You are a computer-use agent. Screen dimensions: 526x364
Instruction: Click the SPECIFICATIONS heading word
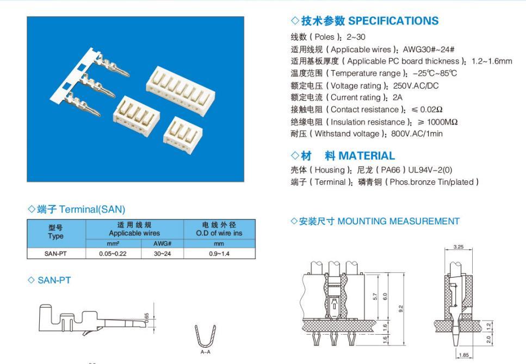point(393,21)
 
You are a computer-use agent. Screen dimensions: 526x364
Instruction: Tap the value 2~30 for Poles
point(356,37)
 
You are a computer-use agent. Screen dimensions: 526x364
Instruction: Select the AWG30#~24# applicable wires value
point(429,49)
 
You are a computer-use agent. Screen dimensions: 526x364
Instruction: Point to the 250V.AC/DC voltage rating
point(416,86)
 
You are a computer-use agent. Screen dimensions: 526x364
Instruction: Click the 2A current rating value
point(397,98)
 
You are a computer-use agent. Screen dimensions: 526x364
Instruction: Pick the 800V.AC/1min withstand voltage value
point(417,134)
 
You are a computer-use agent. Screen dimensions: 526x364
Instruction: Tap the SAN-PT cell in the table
point(55,254)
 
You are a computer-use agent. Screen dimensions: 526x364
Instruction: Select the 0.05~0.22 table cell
point(113,254)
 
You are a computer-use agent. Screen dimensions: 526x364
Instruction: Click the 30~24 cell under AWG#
point(162,254)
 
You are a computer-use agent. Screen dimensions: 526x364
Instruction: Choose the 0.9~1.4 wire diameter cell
point(219,254)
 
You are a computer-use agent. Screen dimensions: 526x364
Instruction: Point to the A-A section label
point(205,352)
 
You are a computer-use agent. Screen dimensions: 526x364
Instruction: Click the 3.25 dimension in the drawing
point(458,247)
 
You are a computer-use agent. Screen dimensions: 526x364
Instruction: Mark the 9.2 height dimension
point(400,309)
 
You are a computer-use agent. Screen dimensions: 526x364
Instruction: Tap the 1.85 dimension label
point(463,355)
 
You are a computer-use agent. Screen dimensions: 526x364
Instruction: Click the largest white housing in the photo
point(181,91)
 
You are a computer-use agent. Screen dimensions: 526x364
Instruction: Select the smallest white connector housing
point(182,135)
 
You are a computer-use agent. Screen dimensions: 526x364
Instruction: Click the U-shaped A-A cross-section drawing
point(205,336)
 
